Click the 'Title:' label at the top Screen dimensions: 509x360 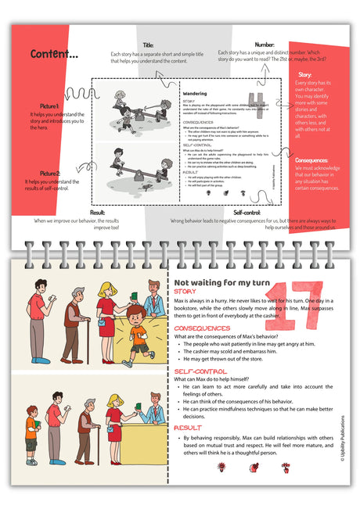(x=147, y=45)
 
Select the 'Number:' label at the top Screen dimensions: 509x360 (x=265, y=45)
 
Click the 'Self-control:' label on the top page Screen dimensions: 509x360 (x=247, y=212)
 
